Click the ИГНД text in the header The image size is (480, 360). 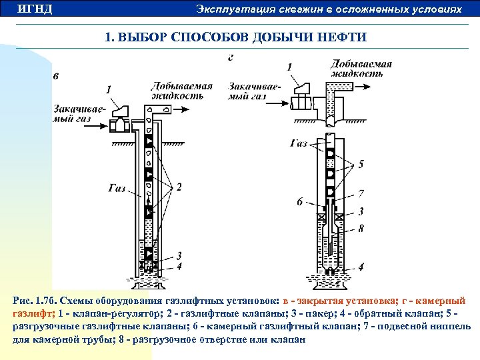point(34,9)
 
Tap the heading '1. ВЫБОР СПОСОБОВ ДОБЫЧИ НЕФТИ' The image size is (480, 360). point(235,37)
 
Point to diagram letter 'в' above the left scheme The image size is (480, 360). point(56,75)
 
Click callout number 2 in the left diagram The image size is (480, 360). point(179,187)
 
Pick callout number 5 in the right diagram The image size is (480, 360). point(361,163)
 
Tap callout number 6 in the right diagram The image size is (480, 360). point(299,201)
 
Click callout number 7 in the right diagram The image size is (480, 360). point(361,194)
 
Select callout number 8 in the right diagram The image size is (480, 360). point(361,228)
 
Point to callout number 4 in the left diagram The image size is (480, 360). point(179,267)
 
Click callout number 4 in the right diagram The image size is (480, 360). point(361,267)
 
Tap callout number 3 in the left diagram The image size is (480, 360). point(179,256)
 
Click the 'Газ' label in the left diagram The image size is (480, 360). point(117,188)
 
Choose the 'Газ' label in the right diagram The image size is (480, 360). point(299,143)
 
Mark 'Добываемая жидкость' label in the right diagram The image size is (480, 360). point(361,69)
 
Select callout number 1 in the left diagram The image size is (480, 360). point(108,88)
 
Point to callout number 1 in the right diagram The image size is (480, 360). point(289,66)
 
